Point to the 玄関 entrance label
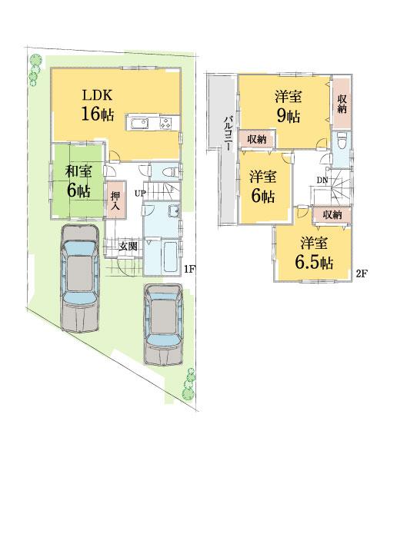click(x=128, y=246)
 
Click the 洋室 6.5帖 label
click(x=313, y=253)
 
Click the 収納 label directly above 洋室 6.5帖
click(x=332, y=214)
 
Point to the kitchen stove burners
click(x=167, y=124)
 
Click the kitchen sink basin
click(x=141, y=124)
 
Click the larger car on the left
click(x=79, y=280)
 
